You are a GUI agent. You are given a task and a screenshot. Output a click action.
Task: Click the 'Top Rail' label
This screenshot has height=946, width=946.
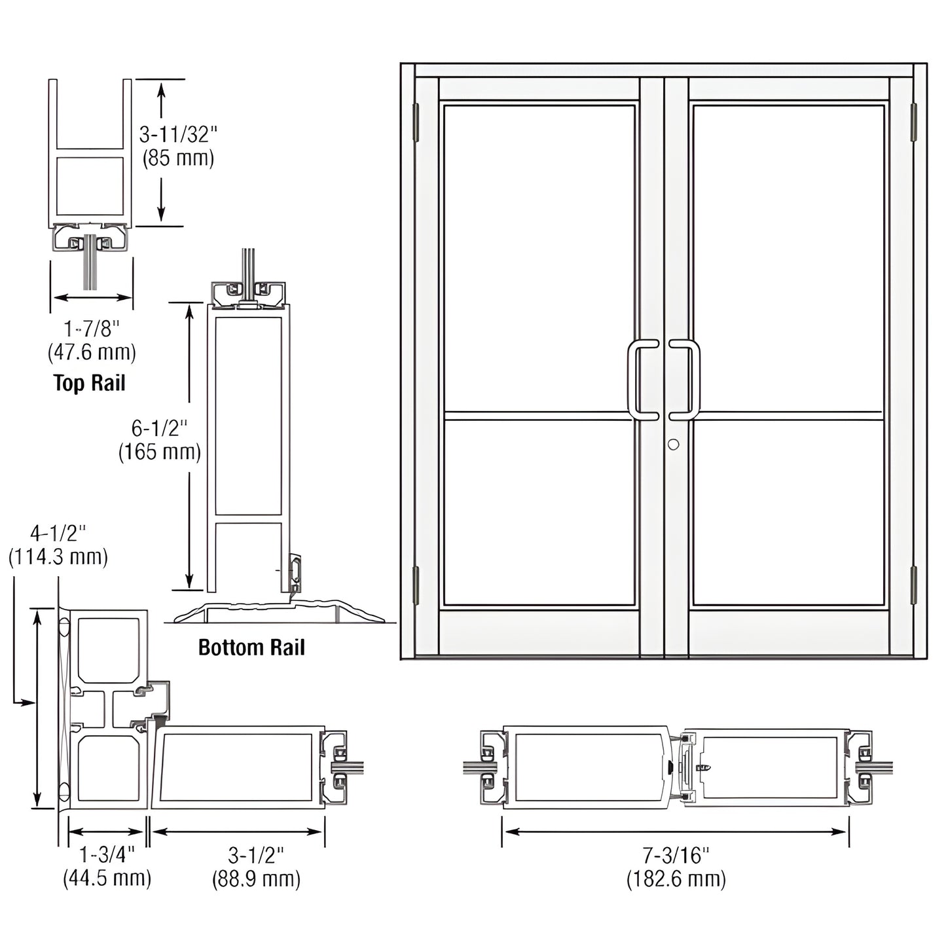(x=89, y=382)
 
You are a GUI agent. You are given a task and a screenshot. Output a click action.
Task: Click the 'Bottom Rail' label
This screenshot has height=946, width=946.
(x=251, y=647)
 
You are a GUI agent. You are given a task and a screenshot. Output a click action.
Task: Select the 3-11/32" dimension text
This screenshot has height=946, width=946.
(x=177, y=135)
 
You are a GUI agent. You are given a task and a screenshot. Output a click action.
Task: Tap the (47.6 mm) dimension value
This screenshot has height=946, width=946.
(x=92, y=352)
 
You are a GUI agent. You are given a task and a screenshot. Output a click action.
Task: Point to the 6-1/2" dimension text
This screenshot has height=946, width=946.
(x=159, y=428)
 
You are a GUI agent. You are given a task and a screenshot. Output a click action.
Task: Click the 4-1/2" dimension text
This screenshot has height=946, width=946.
(x=58, y=533)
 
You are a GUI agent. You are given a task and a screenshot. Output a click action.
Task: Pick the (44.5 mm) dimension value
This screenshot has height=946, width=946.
(x=107, y=878)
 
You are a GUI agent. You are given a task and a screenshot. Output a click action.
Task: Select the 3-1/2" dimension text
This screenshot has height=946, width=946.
(x=256, y=854)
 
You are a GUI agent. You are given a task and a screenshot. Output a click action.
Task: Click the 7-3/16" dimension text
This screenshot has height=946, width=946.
(x=676, y=854)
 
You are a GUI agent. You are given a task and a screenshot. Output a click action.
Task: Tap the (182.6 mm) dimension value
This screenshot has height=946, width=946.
(x=676, y=879)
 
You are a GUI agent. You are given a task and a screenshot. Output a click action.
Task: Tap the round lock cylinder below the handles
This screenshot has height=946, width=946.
(x=673, y=445)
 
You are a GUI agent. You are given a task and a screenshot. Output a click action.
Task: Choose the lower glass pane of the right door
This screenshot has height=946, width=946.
(x=788, y=512)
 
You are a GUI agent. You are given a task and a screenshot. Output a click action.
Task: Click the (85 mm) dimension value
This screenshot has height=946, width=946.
(x=178, y=158)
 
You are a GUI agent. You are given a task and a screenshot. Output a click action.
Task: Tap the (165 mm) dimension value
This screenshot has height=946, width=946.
(x=159, y=452)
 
